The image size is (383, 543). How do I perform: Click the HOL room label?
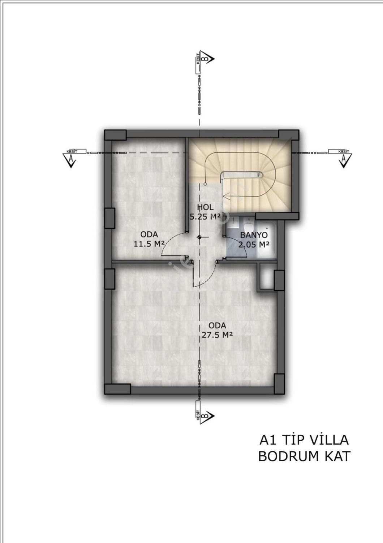point(205,207)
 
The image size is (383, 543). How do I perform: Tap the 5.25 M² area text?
point(205,216)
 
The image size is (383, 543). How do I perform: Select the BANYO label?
point(254,235)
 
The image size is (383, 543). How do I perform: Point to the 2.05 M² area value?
point(254,244)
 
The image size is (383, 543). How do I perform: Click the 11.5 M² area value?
point(149,244)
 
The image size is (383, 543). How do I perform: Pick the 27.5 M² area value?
point(217,335)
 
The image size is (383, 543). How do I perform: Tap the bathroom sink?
point(233,222)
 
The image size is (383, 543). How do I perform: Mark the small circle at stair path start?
point(205,184)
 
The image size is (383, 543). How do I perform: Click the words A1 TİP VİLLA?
point(304,440)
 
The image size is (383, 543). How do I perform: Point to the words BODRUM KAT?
point(304,456)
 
